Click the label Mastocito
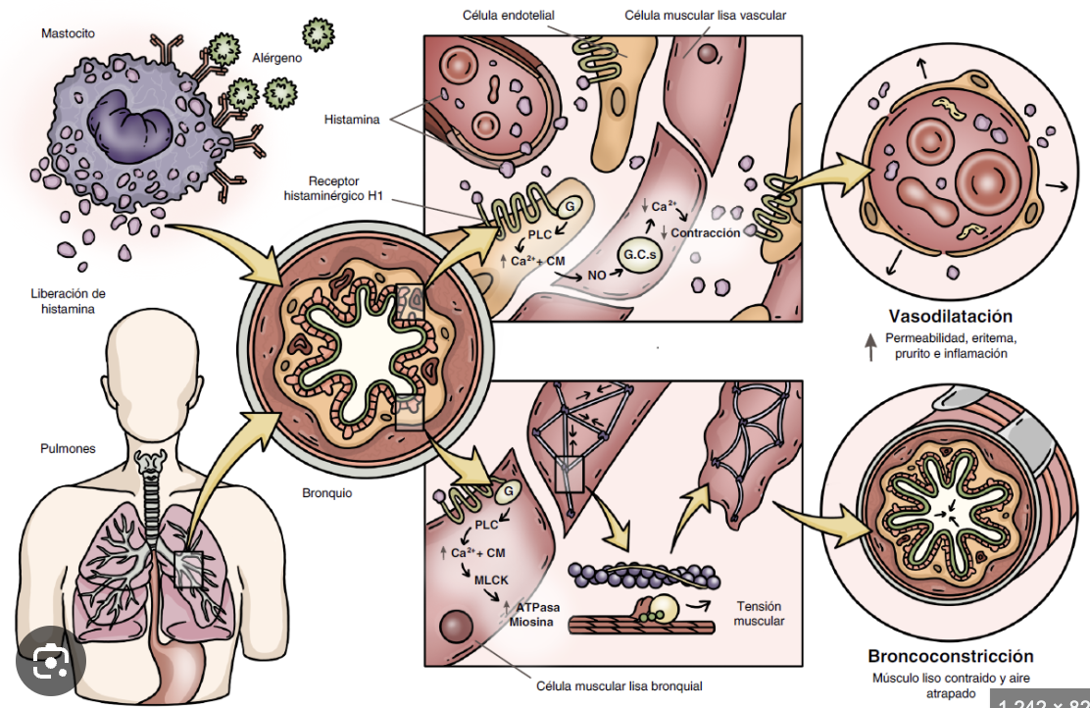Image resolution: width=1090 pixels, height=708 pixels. pyautogui.click(x=69, y=33)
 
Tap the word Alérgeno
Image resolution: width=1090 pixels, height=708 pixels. pyautogui.click(x=276, y=58)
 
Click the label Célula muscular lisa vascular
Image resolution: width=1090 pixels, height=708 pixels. pyautogui.click(x=705, y=15)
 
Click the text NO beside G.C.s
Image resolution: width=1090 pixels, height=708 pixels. pyautogui.click(x=596, y=276)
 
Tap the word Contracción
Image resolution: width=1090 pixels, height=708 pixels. pyautogui.click(x=705, y=232)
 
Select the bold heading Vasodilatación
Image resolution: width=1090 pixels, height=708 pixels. pyautogui.click(x=950, y=316)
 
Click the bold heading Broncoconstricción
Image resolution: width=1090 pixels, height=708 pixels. pyautogui.click(x=950, y=656)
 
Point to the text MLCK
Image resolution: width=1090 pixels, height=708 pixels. pyautogui.click(x=491, y=580)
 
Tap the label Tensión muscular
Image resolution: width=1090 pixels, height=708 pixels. pyautogui.click(x=760, y=613)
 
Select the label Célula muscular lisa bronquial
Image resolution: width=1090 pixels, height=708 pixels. pyautogui.click(x=619, y=685)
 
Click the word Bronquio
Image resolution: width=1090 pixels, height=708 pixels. pyautogui.click(x=326, y=493)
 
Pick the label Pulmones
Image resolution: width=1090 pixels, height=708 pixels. pyautogui.click(x=68, y=448)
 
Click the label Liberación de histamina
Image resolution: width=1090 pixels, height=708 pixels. pyautogui.click(x=68, y=301)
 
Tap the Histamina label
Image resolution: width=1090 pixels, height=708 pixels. pyautogui.click(x=352, y=120)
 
